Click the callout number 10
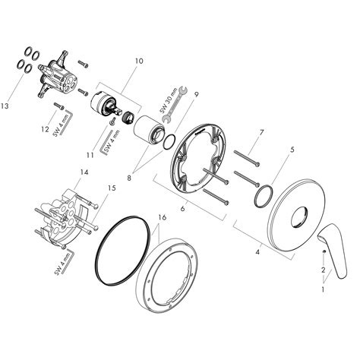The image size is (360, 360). pyautogui.click(x=139, y=60)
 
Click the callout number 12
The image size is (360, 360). pyautogui.click(x=45, y=130)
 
